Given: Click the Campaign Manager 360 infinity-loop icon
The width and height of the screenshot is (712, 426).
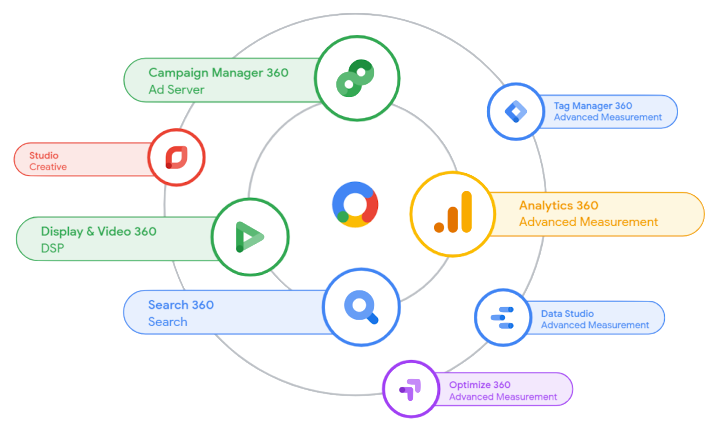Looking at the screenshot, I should click(355, 78).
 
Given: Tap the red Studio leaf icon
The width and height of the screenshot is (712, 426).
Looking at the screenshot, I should click(176, 158).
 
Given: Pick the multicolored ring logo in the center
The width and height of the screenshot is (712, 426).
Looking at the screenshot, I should click(355, 205).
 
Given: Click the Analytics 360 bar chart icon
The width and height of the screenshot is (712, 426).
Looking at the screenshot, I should click(453, 213).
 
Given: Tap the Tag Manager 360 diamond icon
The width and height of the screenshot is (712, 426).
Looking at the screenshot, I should click(515, 112).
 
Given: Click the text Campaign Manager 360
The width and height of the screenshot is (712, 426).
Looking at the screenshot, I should click(218, 73).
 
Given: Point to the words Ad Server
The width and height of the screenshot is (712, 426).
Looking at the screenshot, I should click(176, 90).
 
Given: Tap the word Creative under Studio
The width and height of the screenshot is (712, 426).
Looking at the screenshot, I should click(48, 167).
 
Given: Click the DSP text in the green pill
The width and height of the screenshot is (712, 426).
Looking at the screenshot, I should click(53, 248).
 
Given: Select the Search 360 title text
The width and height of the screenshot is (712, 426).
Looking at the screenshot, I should click(181, 305).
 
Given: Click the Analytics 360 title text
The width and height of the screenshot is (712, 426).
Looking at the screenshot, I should click(559, 205).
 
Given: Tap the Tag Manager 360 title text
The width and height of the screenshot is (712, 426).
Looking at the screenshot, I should click(593, 106).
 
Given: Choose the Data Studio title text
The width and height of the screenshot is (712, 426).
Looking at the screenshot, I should click(567, 314).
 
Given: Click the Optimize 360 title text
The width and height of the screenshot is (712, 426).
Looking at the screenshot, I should click(480, 385).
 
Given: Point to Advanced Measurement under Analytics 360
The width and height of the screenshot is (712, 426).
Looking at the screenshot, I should click(588, 222).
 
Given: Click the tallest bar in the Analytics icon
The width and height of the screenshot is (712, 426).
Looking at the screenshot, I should click(466, 212).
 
